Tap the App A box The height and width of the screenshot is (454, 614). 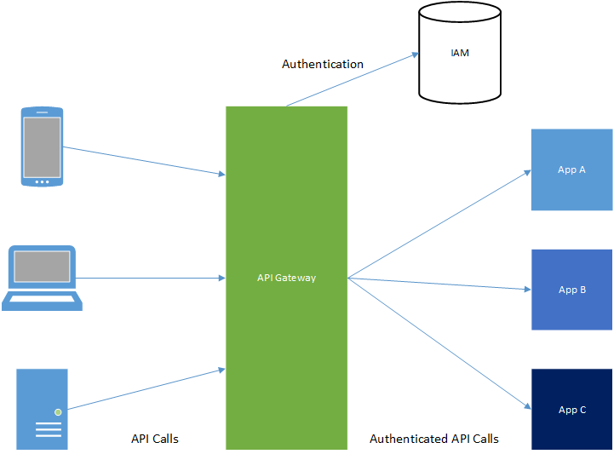[571, 170]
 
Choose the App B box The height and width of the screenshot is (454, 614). [571, 290]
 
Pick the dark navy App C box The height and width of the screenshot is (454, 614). [571, 409]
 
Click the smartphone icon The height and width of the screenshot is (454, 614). [42, 146]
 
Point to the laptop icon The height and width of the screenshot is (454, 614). [42, 279]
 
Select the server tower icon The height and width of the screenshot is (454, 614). [42, 409]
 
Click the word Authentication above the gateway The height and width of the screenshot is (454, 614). [323, 64]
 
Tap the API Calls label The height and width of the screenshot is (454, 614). [155, 439]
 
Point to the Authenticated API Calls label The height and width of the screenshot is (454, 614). [434, 439]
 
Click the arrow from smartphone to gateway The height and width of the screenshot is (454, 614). [143, 161]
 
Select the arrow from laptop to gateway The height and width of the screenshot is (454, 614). [150, 278]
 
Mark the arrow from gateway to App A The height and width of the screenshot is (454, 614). [439, 223]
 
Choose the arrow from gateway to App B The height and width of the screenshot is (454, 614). [439, 284]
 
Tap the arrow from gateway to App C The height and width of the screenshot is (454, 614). [439, 343]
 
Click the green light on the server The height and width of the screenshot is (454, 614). [58, 412]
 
